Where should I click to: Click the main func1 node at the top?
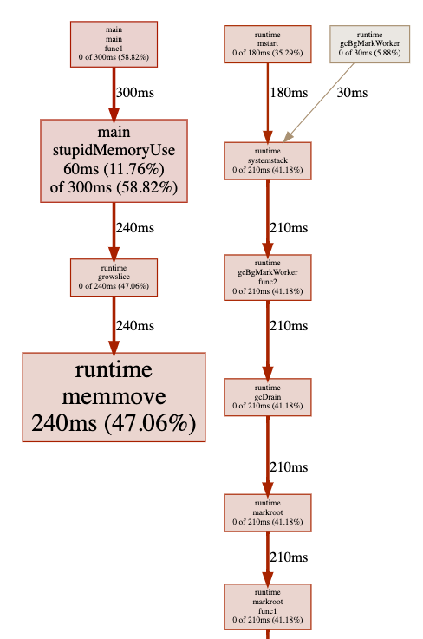tap(114, 44)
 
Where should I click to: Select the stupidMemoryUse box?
tap(114, 160)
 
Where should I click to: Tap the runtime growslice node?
tap(114, 277)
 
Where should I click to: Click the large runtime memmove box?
tap(114, 397)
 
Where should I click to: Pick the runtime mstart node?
tap(267, 44)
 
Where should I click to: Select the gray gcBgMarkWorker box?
tap(369, 44)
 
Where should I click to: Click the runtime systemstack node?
tap(267, 160)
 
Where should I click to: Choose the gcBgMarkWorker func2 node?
tap(267, 277)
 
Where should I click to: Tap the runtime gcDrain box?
tap(267, 397)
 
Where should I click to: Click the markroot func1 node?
tap(267, 606)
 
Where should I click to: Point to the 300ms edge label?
tap(135, 93)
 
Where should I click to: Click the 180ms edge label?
tap(289, 93)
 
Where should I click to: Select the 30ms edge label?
tap(352, 93)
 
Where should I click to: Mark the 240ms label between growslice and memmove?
tap(135, 326)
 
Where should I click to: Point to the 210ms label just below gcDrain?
tap(289, 466)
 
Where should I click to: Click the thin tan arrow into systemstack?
tap(319, 102)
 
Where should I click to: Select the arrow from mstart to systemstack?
tap(267, 102)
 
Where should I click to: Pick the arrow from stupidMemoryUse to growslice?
tap(114, 231)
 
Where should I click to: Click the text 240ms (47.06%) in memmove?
tap(114, 423)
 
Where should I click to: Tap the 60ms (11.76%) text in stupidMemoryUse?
tap(114, 169)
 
